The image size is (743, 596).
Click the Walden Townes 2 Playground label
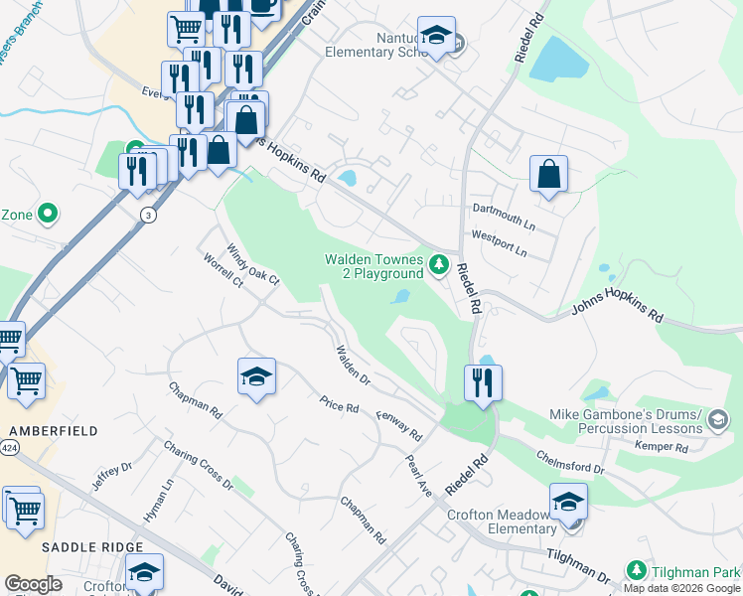(374, 266)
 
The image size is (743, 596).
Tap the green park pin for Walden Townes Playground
(439, 265)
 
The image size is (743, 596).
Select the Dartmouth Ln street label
(503, 210)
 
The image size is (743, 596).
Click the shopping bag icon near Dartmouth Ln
(548, 176)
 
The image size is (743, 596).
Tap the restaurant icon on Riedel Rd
(483, 382)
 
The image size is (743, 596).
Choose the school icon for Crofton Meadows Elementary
(568, 501)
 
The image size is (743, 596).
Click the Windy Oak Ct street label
(253, 265)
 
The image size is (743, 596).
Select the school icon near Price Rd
(256, 376)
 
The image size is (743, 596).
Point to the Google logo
(33, 584)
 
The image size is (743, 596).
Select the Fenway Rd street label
(399, 425)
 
